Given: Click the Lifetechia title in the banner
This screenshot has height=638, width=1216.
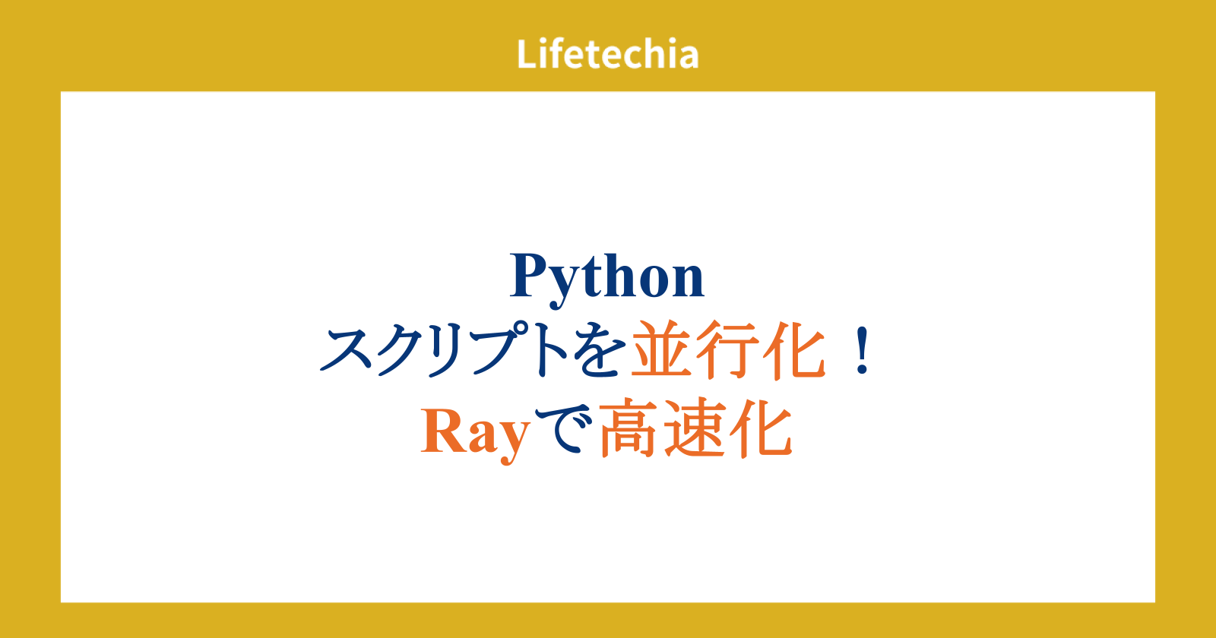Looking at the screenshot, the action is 607,54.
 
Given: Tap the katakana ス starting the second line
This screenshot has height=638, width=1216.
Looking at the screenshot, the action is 346,350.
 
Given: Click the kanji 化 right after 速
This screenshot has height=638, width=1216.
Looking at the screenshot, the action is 761,428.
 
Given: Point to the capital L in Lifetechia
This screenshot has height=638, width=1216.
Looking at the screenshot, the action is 527,54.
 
